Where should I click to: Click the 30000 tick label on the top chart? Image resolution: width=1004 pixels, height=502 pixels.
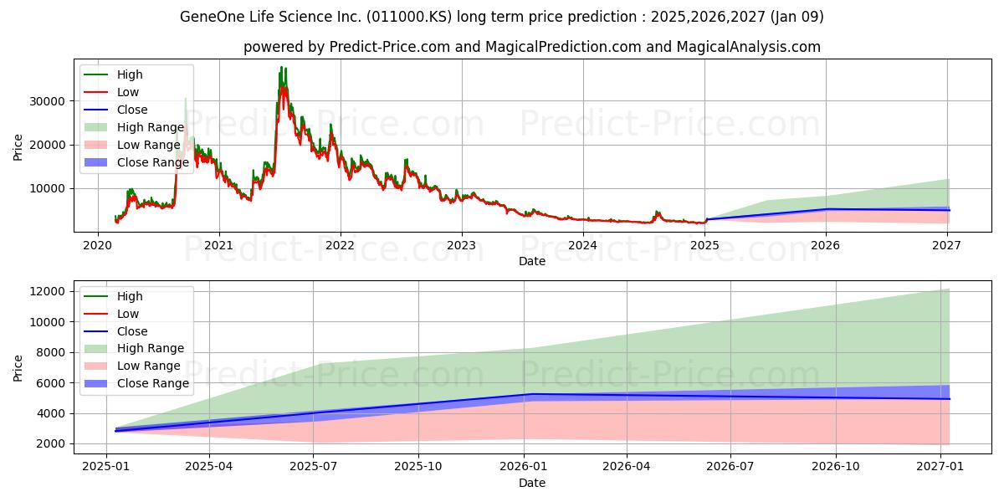point(47,101)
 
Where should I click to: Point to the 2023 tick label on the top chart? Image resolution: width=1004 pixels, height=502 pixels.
point(462,246)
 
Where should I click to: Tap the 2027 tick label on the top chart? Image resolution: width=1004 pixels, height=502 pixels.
point(946,246)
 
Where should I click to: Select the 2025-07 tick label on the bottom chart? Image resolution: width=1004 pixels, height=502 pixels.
point(313,467)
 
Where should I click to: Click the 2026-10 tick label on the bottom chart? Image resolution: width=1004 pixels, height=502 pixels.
point(836,467)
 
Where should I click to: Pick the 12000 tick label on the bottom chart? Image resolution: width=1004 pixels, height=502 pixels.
point(47,291)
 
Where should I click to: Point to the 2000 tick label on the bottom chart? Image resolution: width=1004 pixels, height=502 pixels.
point(50,443)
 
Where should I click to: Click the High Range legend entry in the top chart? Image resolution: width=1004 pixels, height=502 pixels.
point(135,127)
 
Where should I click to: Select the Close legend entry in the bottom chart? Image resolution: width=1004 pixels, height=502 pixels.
point(115,331)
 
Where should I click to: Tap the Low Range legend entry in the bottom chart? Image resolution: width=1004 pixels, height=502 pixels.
point(132,366)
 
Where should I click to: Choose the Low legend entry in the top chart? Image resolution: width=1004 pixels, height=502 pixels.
point(111,92)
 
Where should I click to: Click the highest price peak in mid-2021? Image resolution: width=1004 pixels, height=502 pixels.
point(281,67)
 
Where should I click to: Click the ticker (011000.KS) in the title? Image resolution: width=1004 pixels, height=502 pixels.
point(409,17)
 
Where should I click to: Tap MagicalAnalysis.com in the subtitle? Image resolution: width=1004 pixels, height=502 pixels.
point(749,47)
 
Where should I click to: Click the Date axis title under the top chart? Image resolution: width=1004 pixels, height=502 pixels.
point(532,261)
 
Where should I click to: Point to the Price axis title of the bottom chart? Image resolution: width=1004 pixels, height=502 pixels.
point(18,368)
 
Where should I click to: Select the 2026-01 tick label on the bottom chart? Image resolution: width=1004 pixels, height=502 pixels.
point(523,467)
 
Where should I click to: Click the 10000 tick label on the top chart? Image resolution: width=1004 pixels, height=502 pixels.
point(47,189)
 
